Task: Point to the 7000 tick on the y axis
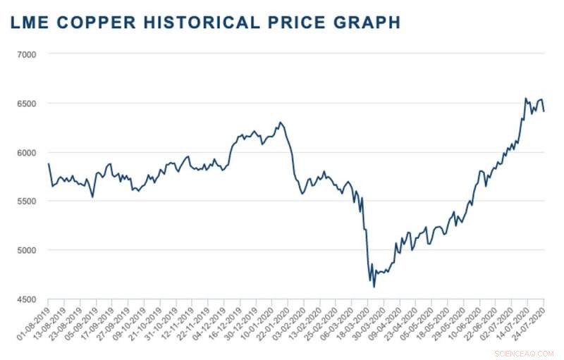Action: coord(36,54)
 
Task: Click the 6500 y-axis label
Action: coord(36,103)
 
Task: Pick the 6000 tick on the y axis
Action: coord(36,152)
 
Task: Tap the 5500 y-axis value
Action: coord(36,201)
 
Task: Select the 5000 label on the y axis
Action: coord(36,250)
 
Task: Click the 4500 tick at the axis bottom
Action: coord(36,299)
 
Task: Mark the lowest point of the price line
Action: coord(374,287)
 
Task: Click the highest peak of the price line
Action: coord(525,98)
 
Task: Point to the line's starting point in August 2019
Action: coord(49,163)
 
